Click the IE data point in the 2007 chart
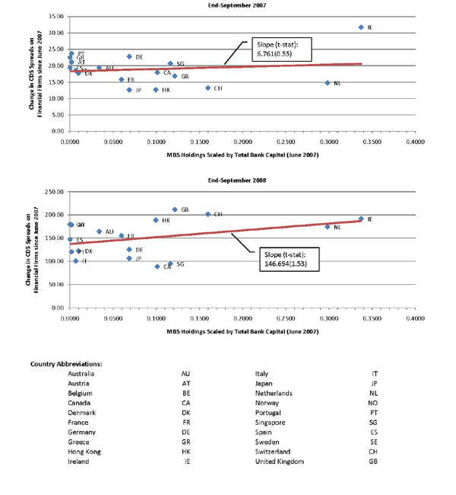[x=361, y=27]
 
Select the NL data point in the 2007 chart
[x=328, y=83]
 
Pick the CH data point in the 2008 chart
[x=208, y=214]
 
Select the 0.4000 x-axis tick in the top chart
[x=414, y=142]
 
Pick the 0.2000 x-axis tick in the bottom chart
[x=242, y=318]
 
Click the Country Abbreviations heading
[x=66, y=363]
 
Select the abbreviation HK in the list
[x=186, y=452]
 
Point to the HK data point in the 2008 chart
[x=156, y=220]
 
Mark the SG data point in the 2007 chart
[x=170, y=64]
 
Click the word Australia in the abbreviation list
[x=82, y=373]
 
